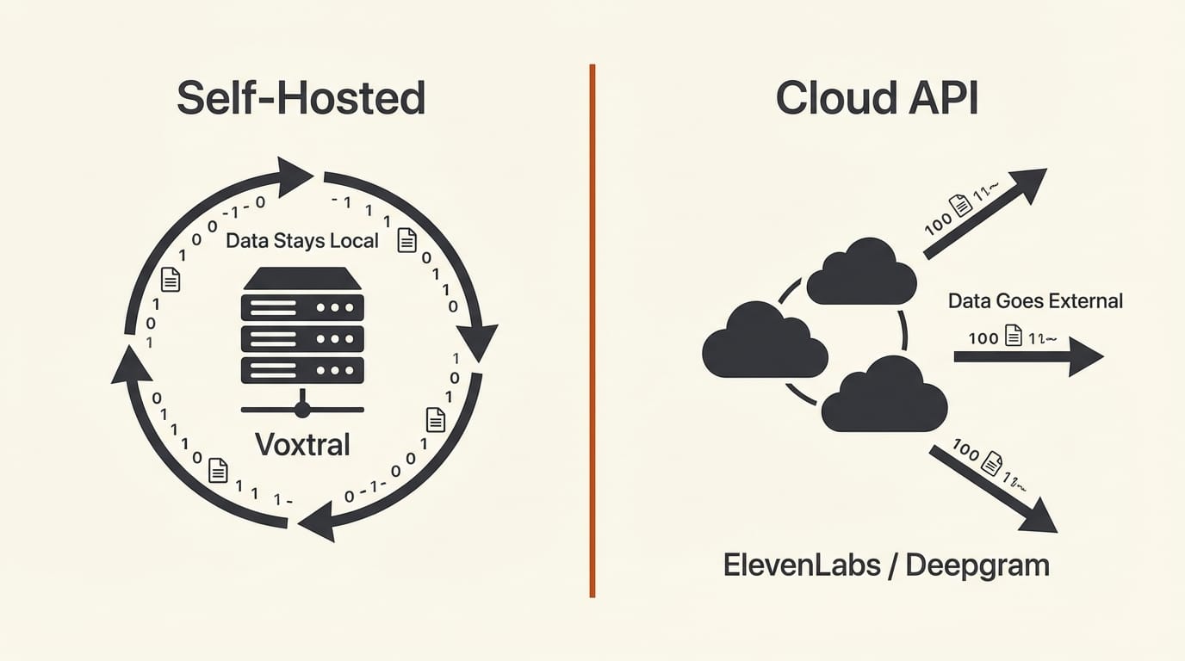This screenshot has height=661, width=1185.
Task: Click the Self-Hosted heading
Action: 301,98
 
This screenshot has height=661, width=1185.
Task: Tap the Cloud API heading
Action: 877,98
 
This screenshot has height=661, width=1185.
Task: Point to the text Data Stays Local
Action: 301,240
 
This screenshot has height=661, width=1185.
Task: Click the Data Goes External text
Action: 1035,301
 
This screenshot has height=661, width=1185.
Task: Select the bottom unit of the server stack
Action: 302,370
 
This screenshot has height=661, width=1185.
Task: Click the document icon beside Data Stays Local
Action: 406,240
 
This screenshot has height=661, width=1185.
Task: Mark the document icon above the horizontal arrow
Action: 1014,336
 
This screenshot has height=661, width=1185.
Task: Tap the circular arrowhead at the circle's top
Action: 294,175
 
